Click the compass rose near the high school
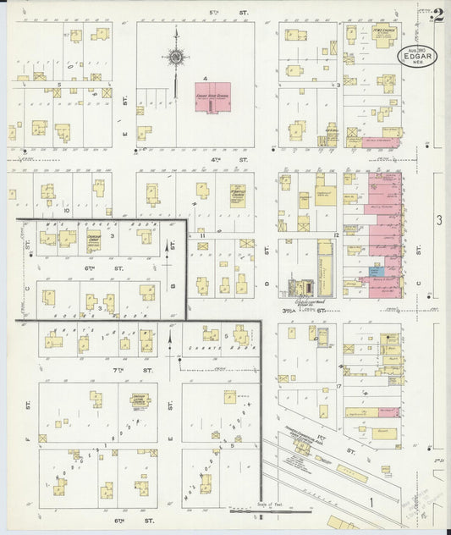[x=177, y=58]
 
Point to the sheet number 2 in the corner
[x=437, y=14]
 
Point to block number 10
[x=67, y=208]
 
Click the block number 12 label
[x=336, y=234]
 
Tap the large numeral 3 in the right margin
[x=439, y=220]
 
